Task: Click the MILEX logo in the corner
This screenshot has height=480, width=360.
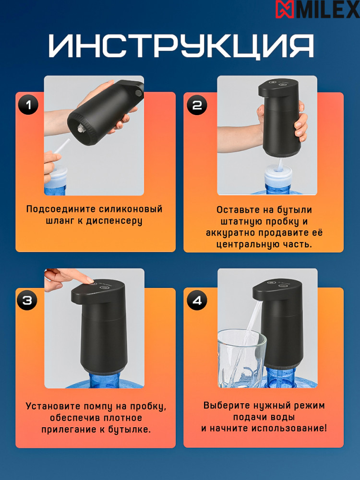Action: [x=317, y=9]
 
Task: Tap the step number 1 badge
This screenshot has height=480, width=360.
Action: [x=28, y=105]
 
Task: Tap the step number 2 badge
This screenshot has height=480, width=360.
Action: [x=197, y=105]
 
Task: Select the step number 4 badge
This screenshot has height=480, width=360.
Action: [x=197, y=300]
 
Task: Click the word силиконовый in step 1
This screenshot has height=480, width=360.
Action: [x=131, y=209]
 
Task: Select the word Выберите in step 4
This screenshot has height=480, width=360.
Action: [x=226, y=405]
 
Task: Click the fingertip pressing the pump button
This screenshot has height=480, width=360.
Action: [x=90, y=281]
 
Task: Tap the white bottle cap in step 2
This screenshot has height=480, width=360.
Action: [x=278, y=175]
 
